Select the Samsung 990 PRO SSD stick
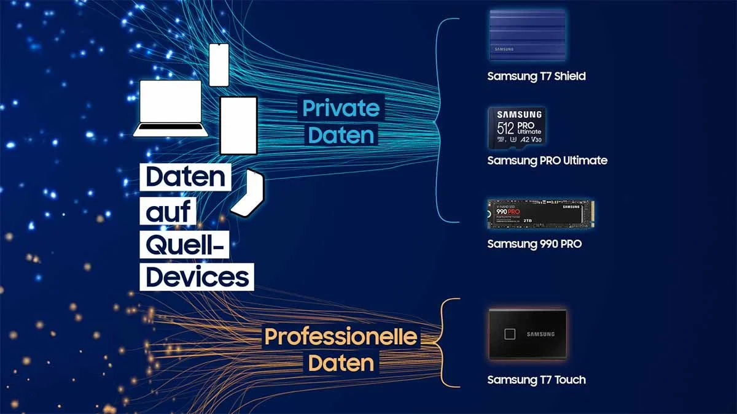point(540,215)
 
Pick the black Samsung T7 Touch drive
point(528,334)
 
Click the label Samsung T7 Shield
point(536,77)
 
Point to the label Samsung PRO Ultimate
point(547,161)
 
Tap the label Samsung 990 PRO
point(534,244)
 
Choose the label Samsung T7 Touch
point(536,380)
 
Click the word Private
point(341,109)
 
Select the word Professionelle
point(341,337)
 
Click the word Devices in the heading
point(198,277)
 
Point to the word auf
point(168,212)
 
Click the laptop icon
point(170,109)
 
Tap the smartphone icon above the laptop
point(219,65)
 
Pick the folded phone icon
point(248,192)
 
